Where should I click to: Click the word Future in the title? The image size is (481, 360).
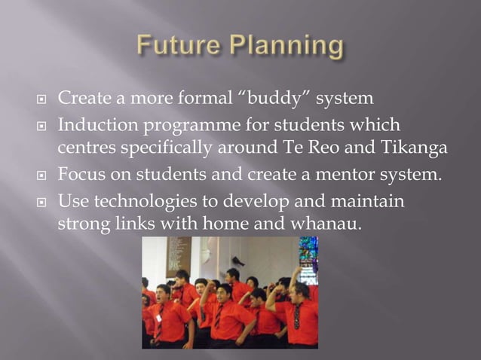(x=176, y=47)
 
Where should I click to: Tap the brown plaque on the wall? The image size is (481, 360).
(x=178, y=255)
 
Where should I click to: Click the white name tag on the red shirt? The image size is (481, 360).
(x=159, y=318)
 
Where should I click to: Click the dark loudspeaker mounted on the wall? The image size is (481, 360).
(x=237, y=261)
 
